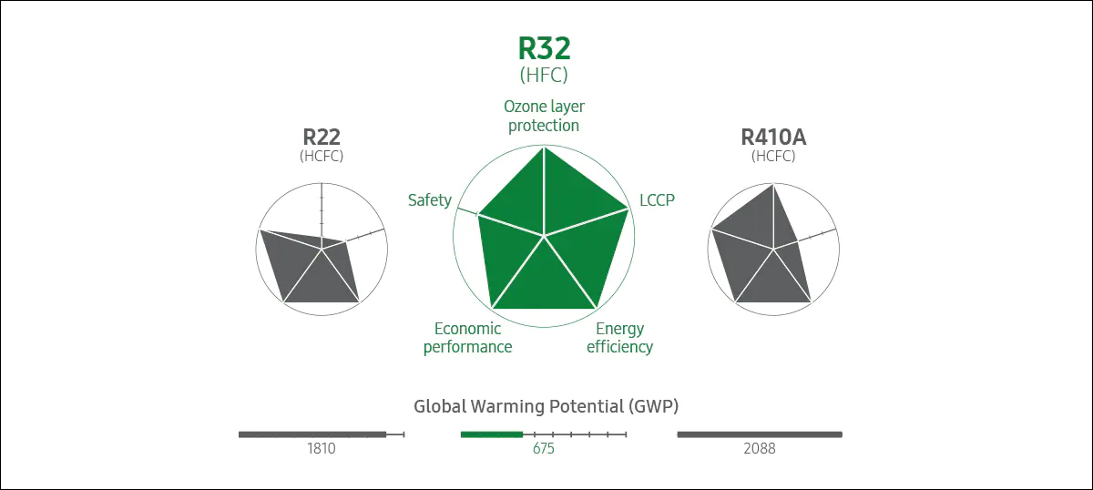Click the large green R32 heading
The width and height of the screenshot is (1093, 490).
point(544,48)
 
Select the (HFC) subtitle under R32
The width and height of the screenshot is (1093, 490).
point(544,75)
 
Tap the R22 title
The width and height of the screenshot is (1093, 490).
point(322,138)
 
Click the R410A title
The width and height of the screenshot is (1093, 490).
point(773,138)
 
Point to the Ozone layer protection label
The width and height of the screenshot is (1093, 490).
point(544,117)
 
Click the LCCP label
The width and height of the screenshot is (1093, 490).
point(657,199)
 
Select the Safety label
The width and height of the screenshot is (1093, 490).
point(430,199)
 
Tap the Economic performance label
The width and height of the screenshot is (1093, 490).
point(468,337)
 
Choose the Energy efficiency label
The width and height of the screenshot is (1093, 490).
point(619,337)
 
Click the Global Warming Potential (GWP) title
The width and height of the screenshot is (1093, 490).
point(546,406)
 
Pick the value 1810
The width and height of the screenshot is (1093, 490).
point(322,449)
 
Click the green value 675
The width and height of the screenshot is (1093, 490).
point(544,449)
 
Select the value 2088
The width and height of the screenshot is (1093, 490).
point(759,449)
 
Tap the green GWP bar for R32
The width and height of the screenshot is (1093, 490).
point(492,434)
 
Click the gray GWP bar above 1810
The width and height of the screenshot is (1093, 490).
point(312,434)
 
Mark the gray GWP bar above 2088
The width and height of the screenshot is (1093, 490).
point(760,434)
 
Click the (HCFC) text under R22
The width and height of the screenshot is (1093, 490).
point(322,156)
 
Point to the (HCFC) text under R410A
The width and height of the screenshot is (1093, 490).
point(773,156)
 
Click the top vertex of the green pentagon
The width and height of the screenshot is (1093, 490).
point(544,148)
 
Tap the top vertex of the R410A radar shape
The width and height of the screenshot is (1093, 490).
point(773,185)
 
